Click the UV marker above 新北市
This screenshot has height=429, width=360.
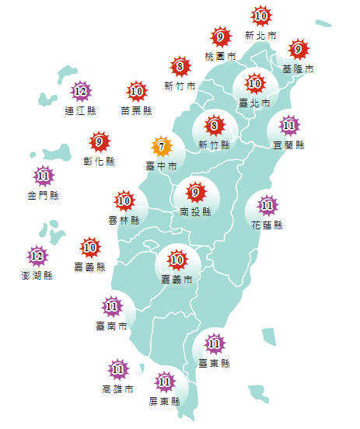[261, 16]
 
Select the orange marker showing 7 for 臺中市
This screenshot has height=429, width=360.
[161, 146]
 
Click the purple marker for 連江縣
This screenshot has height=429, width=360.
[81, 92]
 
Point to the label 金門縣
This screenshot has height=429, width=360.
[43, 195]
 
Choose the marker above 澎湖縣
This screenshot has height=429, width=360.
[37, 255]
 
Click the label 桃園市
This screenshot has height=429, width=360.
[220, 57]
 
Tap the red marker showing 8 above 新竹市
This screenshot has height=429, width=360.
[180, 66]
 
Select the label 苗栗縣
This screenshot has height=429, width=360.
[136, 111]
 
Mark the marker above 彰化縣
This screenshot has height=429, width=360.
[99, 142]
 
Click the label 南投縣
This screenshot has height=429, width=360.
[195, 211]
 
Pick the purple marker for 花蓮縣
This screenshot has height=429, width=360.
[267, 206]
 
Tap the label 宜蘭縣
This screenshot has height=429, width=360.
[289, 145]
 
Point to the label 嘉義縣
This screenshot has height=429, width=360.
[89, 267]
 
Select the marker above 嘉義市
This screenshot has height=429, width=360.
[177, 259]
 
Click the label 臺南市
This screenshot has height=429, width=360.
[112, 326]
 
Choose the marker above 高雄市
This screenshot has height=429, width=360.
[117, 369]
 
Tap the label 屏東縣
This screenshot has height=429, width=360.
[164, 402]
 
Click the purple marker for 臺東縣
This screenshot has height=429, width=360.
[214, 343]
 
